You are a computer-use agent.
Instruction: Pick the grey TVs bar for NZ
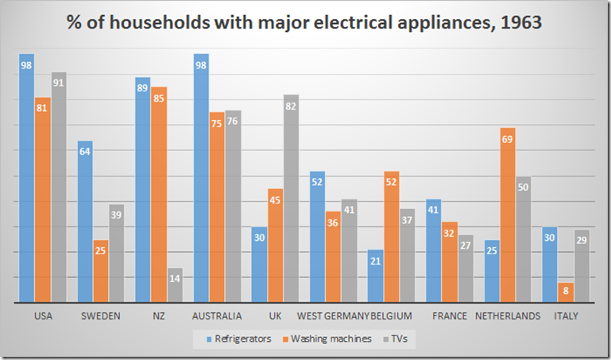[174, 285]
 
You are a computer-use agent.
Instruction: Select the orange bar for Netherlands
[508, 215]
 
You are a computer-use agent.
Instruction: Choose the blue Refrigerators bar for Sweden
[85, 222]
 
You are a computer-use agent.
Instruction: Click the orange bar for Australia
[216, 207]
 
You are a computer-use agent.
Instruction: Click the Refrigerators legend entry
[239, 339]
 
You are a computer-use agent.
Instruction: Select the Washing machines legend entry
[327, 339]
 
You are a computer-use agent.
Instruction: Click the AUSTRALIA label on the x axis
[217, 315]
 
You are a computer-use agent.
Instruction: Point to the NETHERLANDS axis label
[508, 315]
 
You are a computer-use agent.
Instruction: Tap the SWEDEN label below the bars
[101, 315]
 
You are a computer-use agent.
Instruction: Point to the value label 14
[174, 280]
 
